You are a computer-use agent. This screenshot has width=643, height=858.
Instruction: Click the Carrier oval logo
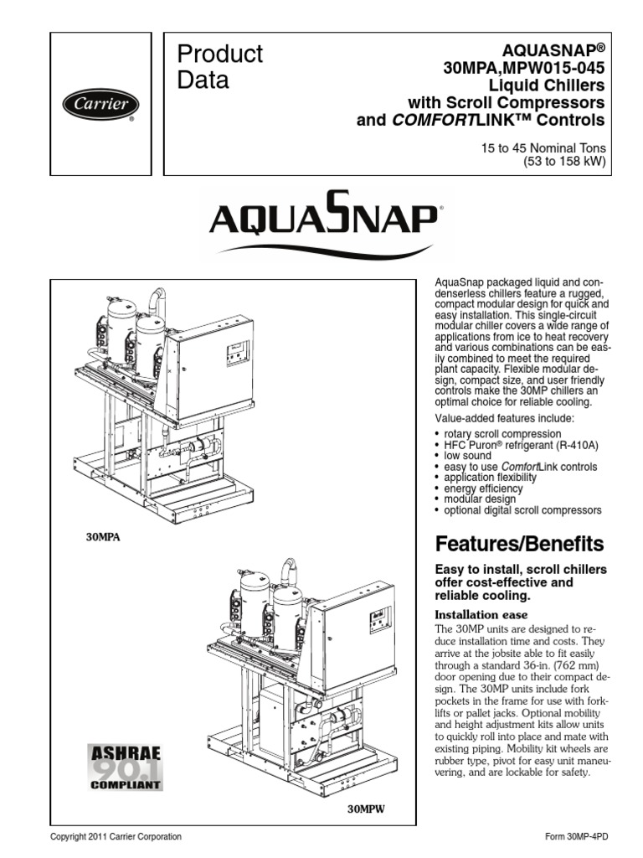coord(100,105)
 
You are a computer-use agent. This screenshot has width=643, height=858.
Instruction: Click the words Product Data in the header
coord(219,67)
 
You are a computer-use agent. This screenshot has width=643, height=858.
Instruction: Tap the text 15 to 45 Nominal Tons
coord(542,147)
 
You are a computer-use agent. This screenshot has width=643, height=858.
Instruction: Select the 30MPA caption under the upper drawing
coord(103,537)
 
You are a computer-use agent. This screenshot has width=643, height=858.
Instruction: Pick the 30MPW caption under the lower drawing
coord(366,809)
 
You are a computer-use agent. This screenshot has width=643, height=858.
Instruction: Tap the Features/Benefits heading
coord(519,545)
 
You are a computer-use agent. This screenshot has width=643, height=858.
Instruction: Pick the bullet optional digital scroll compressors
coord(522,510)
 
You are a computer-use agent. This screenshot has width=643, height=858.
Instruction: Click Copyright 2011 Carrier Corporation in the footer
coord(116,837)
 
